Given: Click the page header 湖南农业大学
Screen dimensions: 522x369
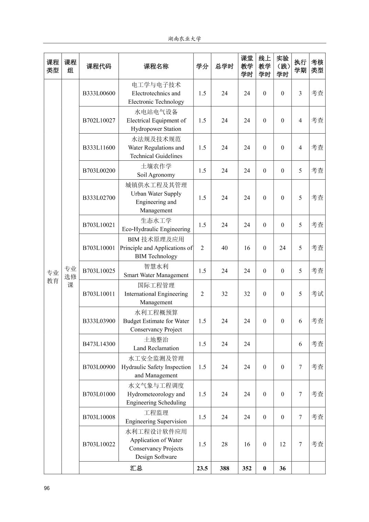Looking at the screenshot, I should pyautogui.click(x=184, y=38).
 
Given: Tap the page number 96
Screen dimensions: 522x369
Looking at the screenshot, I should pyautogui.click(x=47, y=488).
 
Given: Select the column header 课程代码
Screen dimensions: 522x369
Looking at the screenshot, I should pyautogui.click(x=99, y=66).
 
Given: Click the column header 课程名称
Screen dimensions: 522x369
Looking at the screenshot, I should pyautogui.click(x=156, y=66).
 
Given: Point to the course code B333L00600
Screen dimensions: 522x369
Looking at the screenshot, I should pyautogui.click(x=99, y=93).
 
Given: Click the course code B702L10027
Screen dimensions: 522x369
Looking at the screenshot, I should pyautogui.click(x=99, y=120).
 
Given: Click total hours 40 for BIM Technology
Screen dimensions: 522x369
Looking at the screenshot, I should pyautogui.click(x=224, y=248).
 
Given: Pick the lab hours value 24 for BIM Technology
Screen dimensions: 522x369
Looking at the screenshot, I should pyautogui.click(x=282, y=248).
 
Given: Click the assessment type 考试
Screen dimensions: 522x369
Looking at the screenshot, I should pyautogui.click(x=317, y=294).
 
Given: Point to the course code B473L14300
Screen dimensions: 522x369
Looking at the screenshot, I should pyautogui.click(x=99, y=344).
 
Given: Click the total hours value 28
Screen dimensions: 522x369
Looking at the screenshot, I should pyautogui.click(x=224, y=444).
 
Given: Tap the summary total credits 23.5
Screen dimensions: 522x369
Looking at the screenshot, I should pyautogui.click(x=202, y=468).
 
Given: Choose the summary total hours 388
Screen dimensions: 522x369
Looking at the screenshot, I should pyautogui.click(x=224, y=468).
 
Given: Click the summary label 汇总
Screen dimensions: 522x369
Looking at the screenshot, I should pyautogui.click(x=136, y=468).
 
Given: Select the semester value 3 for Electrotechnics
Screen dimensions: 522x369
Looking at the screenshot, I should pyautogui.click(x=300, y=93).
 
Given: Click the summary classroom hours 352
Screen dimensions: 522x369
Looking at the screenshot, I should pyautogui.click(x=247, y=468).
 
